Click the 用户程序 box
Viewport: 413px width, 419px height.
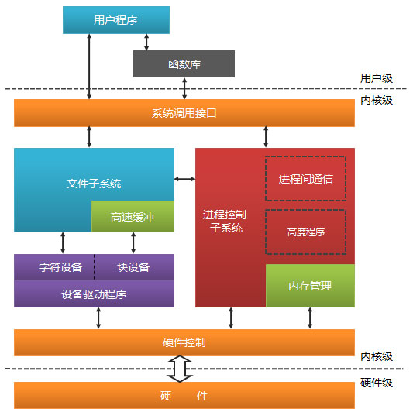tap(116, 20)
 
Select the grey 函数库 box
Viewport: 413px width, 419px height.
tap(184, 64)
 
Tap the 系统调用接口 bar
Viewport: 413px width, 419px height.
tap(184, 113)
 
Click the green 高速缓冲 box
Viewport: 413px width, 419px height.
tap(133, 216)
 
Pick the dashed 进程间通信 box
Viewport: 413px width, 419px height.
tap(305, 178)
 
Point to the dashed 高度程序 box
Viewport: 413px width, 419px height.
tap(305, 232)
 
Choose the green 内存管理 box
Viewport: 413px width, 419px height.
tap(310, 286)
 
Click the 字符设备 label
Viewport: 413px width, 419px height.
tap(60, 267)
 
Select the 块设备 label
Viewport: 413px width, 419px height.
tap(133, 267)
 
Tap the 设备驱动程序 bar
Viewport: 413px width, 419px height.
tap(94, 294)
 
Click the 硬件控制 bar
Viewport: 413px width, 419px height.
tap(184, 342)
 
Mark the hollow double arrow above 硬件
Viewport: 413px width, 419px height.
tap(180, 369)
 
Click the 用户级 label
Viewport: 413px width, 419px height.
tap(377, 78)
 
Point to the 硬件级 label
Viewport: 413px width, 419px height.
tap(377, 383)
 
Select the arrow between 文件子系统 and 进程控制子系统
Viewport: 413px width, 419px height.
tap(184, 179)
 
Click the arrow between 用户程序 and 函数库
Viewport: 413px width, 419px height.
tap(146, 43)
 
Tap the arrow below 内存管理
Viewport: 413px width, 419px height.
tap(310, 318)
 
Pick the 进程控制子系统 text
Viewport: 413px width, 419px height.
tap(225, 222)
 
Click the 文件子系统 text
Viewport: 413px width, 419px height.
tap(94, 184)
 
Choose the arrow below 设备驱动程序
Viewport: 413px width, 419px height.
tap(98, 318)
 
